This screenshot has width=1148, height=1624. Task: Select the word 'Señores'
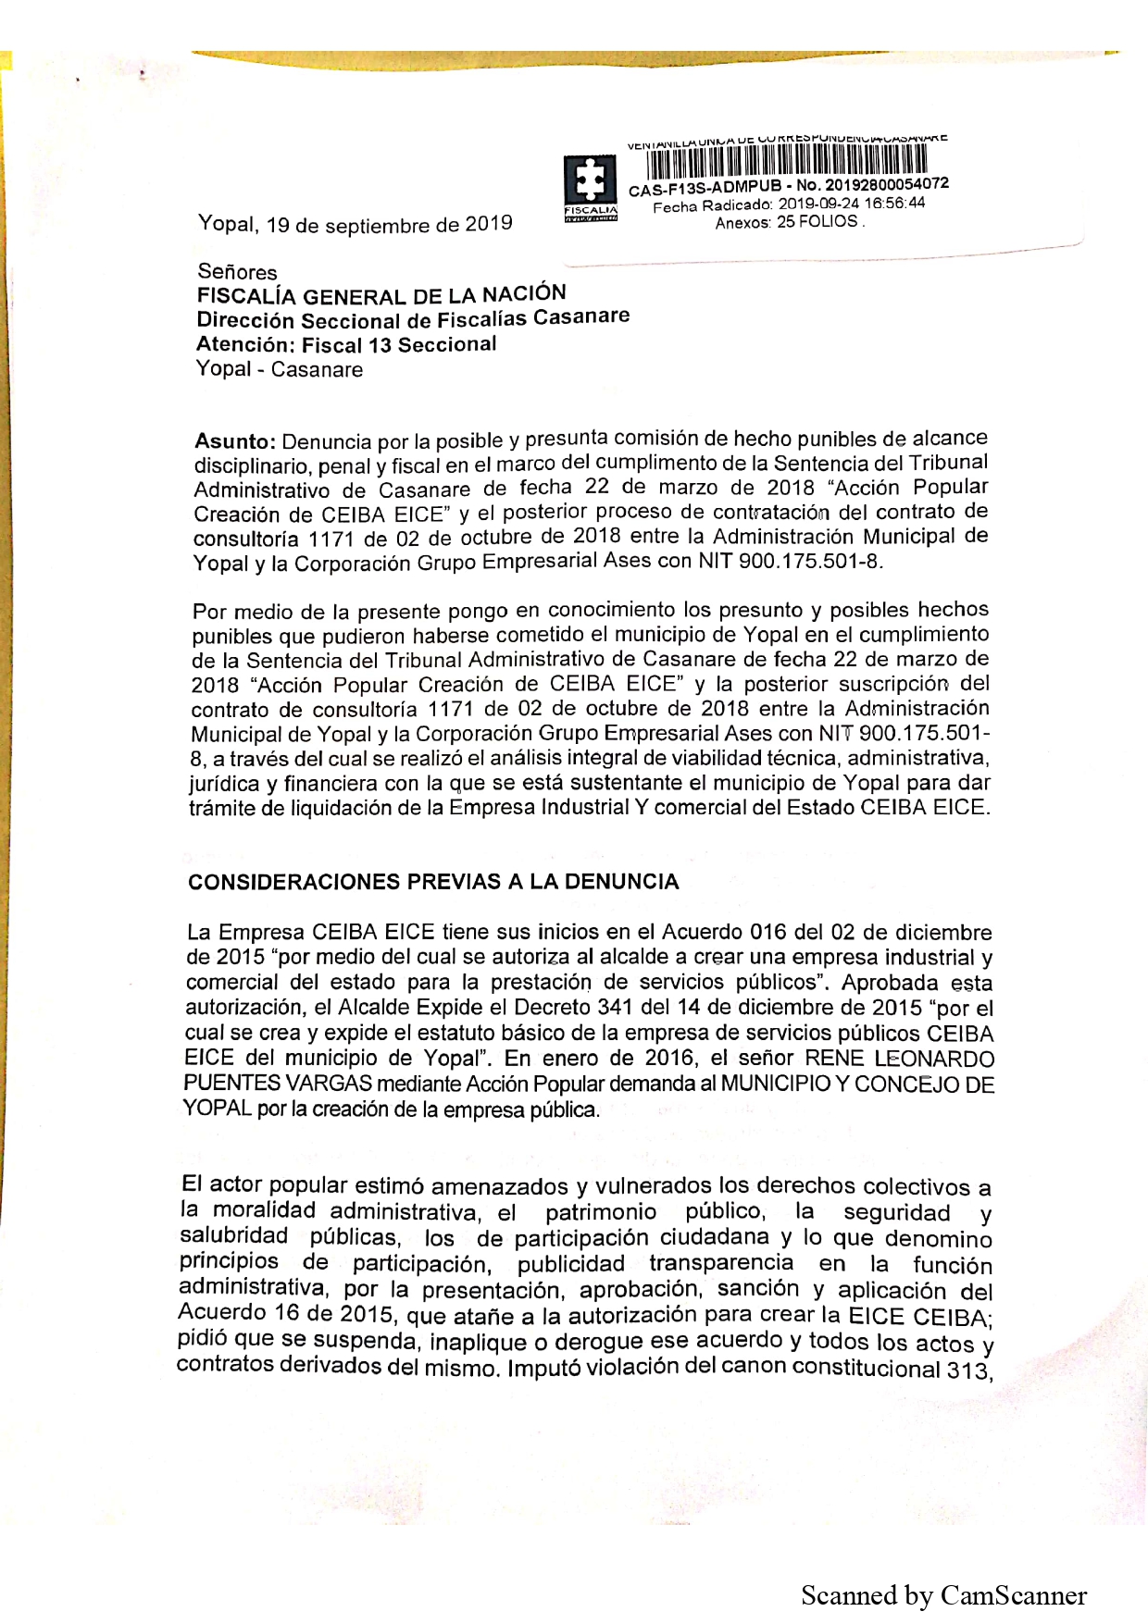pyautogui.click(x=237, y=272)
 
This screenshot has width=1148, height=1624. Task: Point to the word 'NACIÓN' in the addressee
pyautogui.click(x=523, y=293)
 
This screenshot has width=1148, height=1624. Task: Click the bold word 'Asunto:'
pyautogui.click(x=235, y=442)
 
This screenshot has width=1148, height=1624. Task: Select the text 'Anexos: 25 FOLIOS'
pyautogui.click(x=787, y=223)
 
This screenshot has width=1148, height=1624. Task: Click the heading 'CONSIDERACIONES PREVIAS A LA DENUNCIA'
pyautogui.click(x=433, y=882)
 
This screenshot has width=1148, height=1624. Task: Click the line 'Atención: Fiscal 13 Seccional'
pyautogui.click(x=346, y=345)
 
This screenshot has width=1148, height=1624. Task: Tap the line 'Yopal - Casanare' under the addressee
pyautogui.click(x=280, y=370)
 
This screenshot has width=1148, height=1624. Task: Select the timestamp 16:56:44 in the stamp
pyautogui.click(x=894, y=204)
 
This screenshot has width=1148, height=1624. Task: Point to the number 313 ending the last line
pyautogui.click(x=967, y=1370)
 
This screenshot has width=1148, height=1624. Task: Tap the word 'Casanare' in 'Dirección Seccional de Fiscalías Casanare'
pyautogui.click(x=581, y=317)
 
